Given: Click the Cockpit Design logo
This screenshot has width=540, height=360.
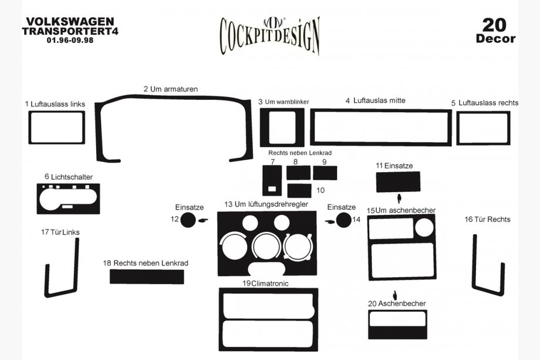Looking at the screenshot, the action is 270,35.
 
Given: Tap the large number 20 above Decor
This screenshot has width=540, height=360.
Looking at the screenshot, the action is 495,25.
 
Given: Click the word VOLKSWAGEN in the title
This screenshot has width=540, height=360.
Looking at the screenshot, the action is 70,22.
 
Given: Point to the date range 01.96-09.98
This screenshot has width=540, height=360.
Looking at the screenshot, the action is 70,40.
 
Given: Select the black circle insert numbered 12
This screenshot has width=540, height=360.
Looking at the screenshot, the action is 188,220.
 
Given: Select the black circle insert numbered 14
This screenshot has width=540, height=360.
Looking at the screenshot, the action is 343,220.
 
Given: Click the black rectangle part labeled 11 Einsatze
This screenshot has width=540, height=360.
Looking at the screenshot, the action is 398,182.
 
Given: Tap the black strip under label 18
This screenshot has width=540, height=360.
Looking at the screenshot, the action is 147,277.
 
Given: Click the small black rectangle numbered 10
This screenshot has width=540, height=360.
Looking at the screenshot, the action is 299,190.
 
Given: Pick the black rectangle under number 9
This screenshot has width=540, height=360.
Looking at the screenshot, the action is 325,173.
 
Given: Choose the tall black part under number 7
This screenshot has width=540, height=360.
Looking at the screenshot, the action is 272,180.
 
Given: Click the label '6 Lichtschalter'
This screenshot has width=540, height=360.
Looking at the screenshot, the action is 69,177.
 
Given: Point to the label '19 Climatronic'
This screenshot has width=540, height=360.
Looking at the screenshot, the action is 265,284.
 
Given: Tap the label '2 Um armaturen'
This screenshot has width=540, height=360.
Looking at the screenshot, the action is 171,89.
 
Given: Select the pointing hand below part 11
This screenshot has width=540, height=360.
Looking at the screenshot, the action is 399,198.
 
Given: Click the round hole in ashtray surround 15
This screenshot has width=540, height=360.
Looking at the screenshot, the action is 424,227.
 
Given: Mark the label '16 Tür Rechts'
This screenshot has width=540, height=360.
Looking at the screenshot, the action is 487,220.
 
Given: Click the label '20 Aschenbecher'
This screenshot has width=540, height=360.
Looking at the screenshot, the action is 397,304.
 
